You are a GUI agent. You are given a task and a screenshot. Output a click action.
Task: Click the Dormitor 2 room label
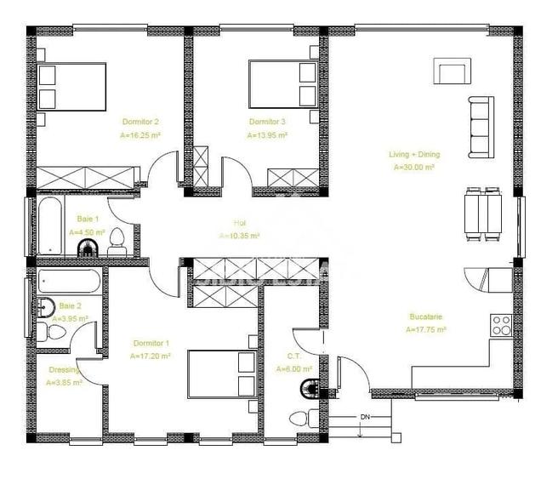[x=140, y=122]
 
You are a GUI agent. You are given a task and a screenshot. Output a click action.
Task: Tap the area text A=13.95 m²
[x=267, y=135]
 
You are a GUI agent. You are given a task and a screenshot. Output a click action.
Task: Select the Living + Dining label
[x=414, y=155]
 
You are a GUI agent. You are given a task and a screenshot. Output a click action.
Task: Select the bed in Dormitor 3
[x=282, y=82]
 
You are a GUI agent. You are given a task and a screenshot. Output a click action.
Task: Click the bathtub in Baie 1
[x=50, y=226]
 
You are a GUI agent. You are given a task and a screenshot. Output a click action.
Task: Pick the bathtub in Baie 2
[x=69, y=282]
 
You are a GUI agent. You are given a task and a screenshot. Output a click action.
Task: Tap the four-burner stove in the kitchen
[x=501, y=324]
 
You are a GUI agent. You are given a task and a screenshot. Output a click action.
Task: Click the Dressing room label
[x=63, y=370]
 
